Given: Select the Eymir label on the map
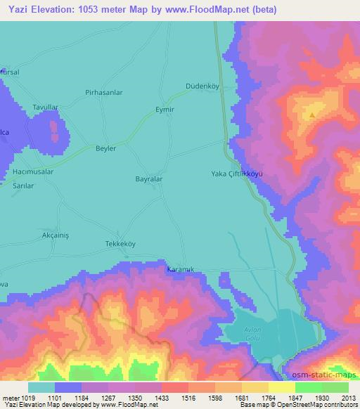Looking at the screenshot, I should (164, 110).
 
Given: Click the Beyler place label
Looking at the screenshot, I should (105, 149).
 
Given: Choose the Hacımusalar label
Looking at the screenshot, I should (34, 171).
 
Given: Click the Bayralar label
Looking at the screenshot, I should (149, 179).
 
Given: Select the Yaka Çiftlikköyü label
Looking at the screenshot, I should (237, 174).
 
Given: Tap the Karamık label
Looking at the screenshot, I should (179, 269).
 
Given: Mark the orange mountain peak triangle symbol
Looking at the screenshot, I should (311, 112).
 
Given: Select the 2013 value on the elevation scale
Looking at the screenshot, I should (348, 397).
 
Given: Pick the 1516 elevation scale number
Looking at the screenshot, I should (188, 397).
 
